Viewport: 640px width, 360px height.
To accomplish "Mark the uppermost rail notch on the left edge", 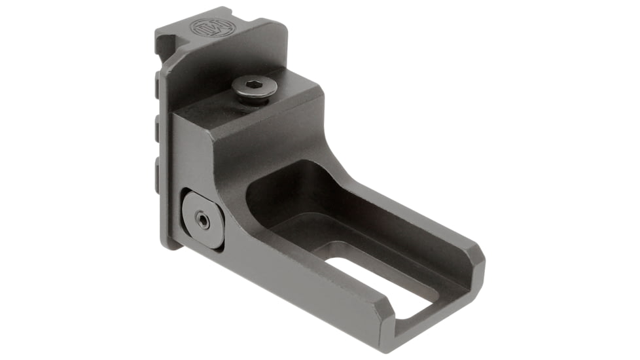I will pos(159,86).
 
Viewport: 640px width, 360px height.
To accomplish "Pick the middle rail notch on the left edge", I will pos(159,127).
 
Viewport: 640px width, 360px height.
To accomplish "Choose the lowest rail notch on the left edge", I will pos(159,168).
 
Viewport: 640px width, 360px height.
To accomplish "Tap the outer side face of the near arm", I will pos(308,288).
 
